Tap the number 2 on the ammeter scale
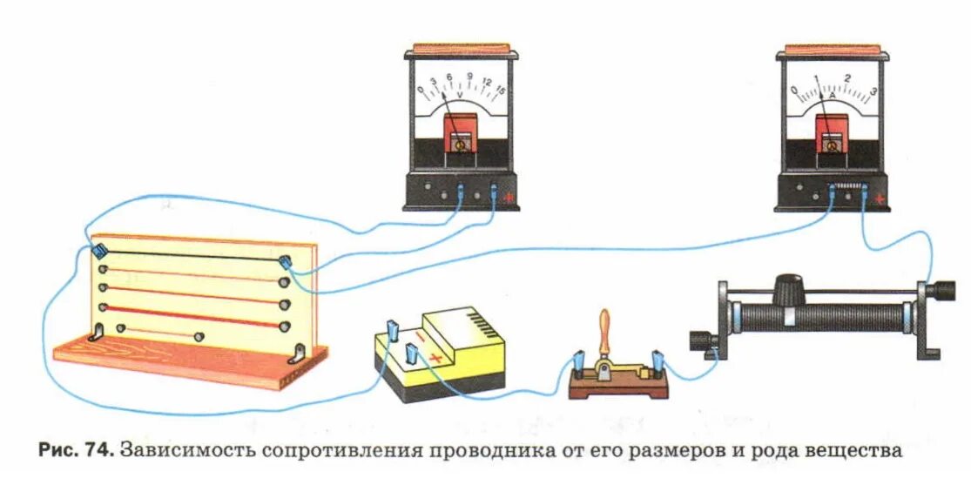click(847, 78)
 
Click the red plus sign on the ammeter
click(880, 199)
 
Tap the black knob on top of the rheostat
click(789, 285)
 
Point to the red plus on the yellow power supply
click(435, 357)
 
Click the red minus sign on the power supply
click(423, 337)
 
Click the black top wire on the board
click(192, 255)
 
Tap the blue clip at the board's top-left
click(99, 251)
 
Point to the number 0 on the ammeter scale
click(793, 90)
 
